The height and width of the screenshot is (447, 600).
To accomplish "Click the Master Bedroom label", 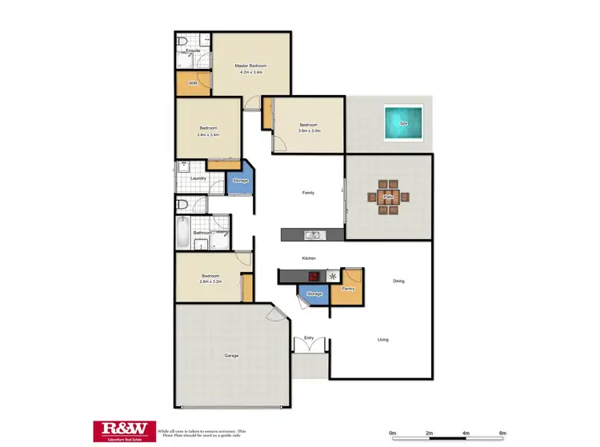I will pyautogui.click(x=250, y=66).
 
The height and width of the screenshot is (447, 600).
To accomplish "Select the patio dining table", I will pyautogui.click(x=390, y=196).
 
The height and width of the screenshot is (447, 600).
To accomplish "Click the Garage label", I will pyautogui.click(x=231, y=355).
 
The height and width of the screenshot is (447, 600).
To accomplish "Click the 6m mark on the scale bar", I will pyautogui.click(x=502, y=433).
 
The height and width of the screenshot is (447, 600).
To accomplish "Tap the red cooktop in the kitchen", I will pyautogui.click(x=314, y=277).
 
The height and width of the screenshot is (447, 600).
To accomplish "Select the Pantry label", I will pyautogui.click(x=347, y=288).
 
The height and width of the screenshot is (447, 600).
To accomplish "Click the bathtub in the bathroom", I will pyautogui.click(x=183, y=234).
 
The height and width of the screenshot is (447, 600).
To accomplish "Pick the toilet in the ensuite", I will pyautogui.click(x=183, y=42).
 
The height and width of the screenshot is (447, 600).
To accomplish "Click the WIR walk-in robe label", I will pyautogui.click(x=193, y=83).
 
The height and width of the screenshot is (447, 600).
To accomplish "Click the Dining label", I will pyautogui.click(x=398, y=281).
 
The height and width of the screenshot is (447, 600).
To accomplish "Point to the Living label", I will pyautogui.click(x=383, y=340).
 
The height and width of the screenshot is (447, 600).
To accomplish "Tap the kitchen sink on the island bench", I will pyautogui.click(x=314, y=235).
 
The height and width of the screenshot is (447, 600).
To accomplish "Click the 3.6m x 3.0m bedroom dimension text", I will pyautogui.click(x=309, y=130).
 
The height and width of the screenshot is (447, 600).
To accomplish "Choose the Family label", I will pyautogui.click(x=308, y=193).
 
